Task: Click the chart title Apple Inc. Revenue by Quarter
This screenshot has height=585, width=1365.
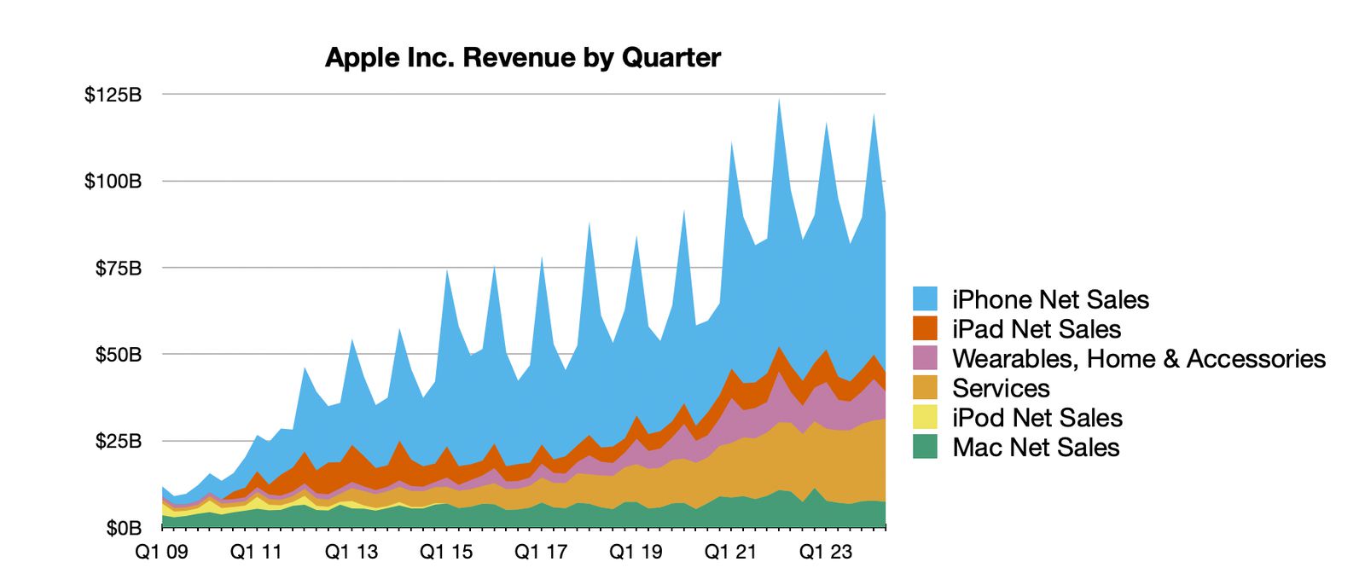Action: pyautogui.click(x=522, y=58)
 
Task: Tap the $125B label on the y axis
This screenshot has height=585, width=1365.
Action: pyautogui.click(x=113, y=95)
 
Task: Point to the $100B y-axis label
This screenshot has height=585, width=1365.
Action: pyautogui.click(x=113, y=182)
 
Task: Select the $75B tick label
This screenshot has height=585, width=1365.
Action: pyautogui.click(x=118, y=269)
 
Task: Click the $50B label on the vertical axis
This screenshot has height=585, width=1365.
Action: pyautogui.click(x=118, y=355)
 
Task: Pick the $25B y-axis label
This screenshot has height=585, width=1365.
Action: pyautogui.click(x=118, y=442)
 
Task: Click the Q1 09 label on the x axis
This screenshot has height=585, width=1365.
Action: pyautogui.click(x=161, y=552)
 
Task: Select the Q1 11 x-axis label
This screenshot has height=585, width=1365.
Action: pyautogui.click(x=256, y=552)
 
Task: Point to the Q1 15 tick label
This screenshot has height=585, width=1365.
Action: pyautogui.click(x=446, y=552)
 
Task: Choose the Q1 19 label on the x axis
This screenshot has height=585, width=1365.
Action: pyautogui.click(x=636, y=552)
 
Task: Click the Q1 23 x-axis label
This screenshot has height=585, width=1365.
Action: pyautogui.click(x=825, y=552)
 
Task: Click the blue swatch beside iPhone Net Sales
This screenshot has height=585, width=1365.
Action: pyautogui.click(x=925, y=299)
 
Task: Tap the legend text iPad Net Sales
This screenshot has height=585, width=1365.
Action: pyautogui.click(x=1036, y=329)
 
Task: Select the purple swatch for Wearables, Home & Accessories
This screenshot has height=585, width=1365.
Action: pyautogui.click(x=925, y=358)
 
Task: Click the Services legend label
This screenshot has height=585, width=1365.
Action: pyautogui.click(x=1000, y=388)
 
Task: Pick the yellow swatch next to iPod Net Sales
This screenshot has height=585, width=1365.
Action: pyautogui.click(x=925, y=417)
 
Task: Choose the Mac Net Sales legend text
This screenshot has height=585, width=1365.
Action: pyautogui.click(x=1035, y=447)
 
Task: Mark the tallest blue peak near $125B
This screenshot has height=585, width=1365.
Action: pyautogui.click(x=778, y=102)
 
